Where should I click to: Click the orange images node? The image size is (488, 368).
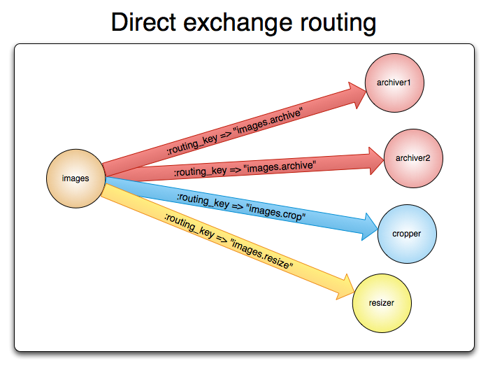click(76, 178)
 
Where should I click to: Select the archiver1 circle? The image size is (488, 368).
click(394, 83)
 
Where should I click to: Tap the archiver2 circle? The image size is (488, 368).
click(412, 158)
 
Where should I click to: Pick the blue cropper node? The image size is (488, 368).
click(408, 233)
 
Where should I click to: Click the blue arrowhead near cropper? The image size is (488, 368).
click(368, 227)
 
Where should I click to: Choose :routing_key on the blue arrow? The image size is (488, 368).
click(203, 201)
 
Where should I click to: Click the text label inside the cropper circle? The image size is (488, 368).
click(408, 233)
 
